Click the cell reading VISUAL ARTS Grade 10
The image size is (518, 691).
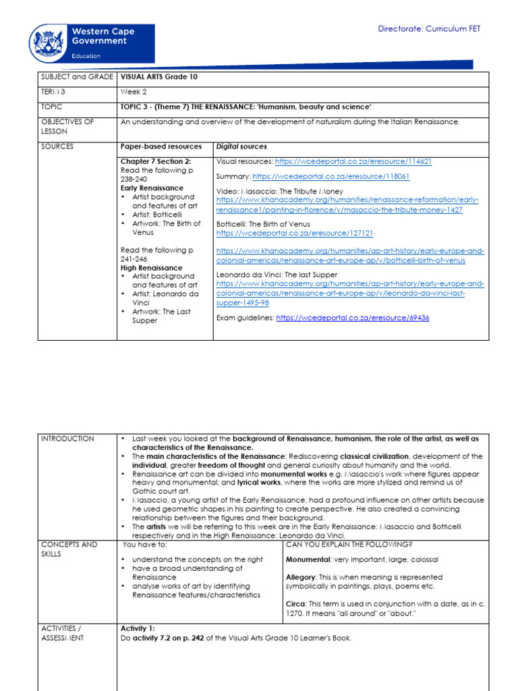point(159,77)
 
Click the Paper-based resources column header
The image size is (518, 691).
point(161,146)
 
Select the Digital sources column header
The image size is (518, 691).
point(241,146)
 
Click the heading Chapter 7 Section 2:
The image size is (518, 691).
point(155,162)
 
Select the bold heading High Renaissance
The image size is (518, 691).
point(146,268)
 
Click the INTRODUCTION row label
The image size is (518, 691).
point(67,439)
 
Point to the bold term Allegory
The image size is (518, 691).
point(300,578)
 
